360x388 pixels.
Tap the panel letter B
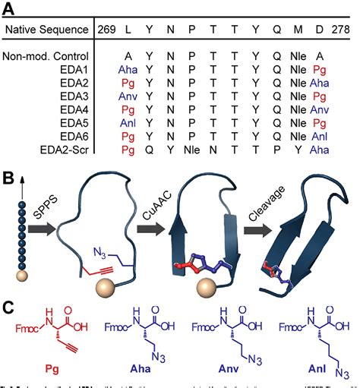click(10, 180)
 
